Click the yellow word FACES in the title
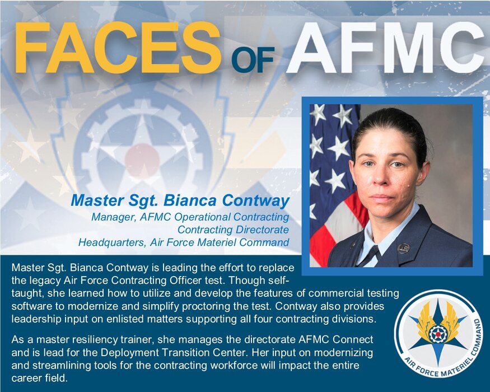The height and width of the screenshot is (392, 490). click(118, 48)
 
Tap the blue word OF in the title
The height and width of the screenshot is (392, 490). click(253, 58)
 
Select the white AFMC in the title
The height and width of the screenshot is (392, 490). click(384, 47)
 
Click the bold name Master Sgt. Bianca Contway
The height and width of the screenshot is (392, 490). click(180, 200)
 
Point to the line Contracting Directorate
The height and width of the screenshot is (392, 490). click(233, 230)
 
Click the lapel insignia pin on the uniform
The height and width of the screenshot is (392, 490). click(403, 249)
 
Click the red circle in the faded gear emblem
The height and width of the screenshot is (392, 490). click(142, 160)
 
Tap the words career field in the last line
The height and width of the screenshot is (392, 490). click(39, 378)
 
